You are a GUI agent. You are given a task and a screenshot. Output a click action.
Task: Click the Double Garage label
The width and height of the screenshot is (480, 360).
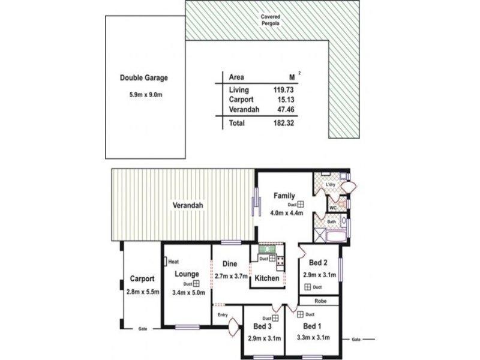[143, 77]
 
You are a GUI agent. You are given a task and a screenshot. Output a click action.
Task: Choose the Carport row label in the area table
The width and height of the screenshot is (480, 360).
[241, 100]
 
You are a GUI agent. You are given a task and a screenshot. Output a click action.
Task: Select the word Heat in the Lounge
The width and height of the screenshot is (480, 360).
[174, 262]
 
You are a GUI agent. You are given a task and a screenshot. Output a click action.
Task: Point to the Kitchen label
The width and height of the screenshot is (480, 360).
[266, 278]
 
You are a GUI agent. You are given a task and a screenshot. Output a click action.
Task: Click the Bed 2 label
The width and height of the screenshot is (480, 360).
[317, 263]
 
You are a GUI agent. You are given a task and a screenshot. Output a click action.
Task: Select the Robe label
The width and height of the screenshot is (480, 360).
[319, 302]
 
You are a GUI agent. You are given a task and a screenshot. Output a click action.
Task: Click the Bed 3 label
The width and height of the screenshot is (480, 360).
[262, 326]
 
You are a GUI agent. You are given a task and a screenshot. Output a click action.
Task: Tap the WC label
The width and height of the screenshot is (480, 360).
[332, 208]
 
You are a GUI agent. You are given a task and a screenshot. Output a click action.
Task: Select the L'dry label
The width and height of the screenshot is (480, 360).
[331, 184]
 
